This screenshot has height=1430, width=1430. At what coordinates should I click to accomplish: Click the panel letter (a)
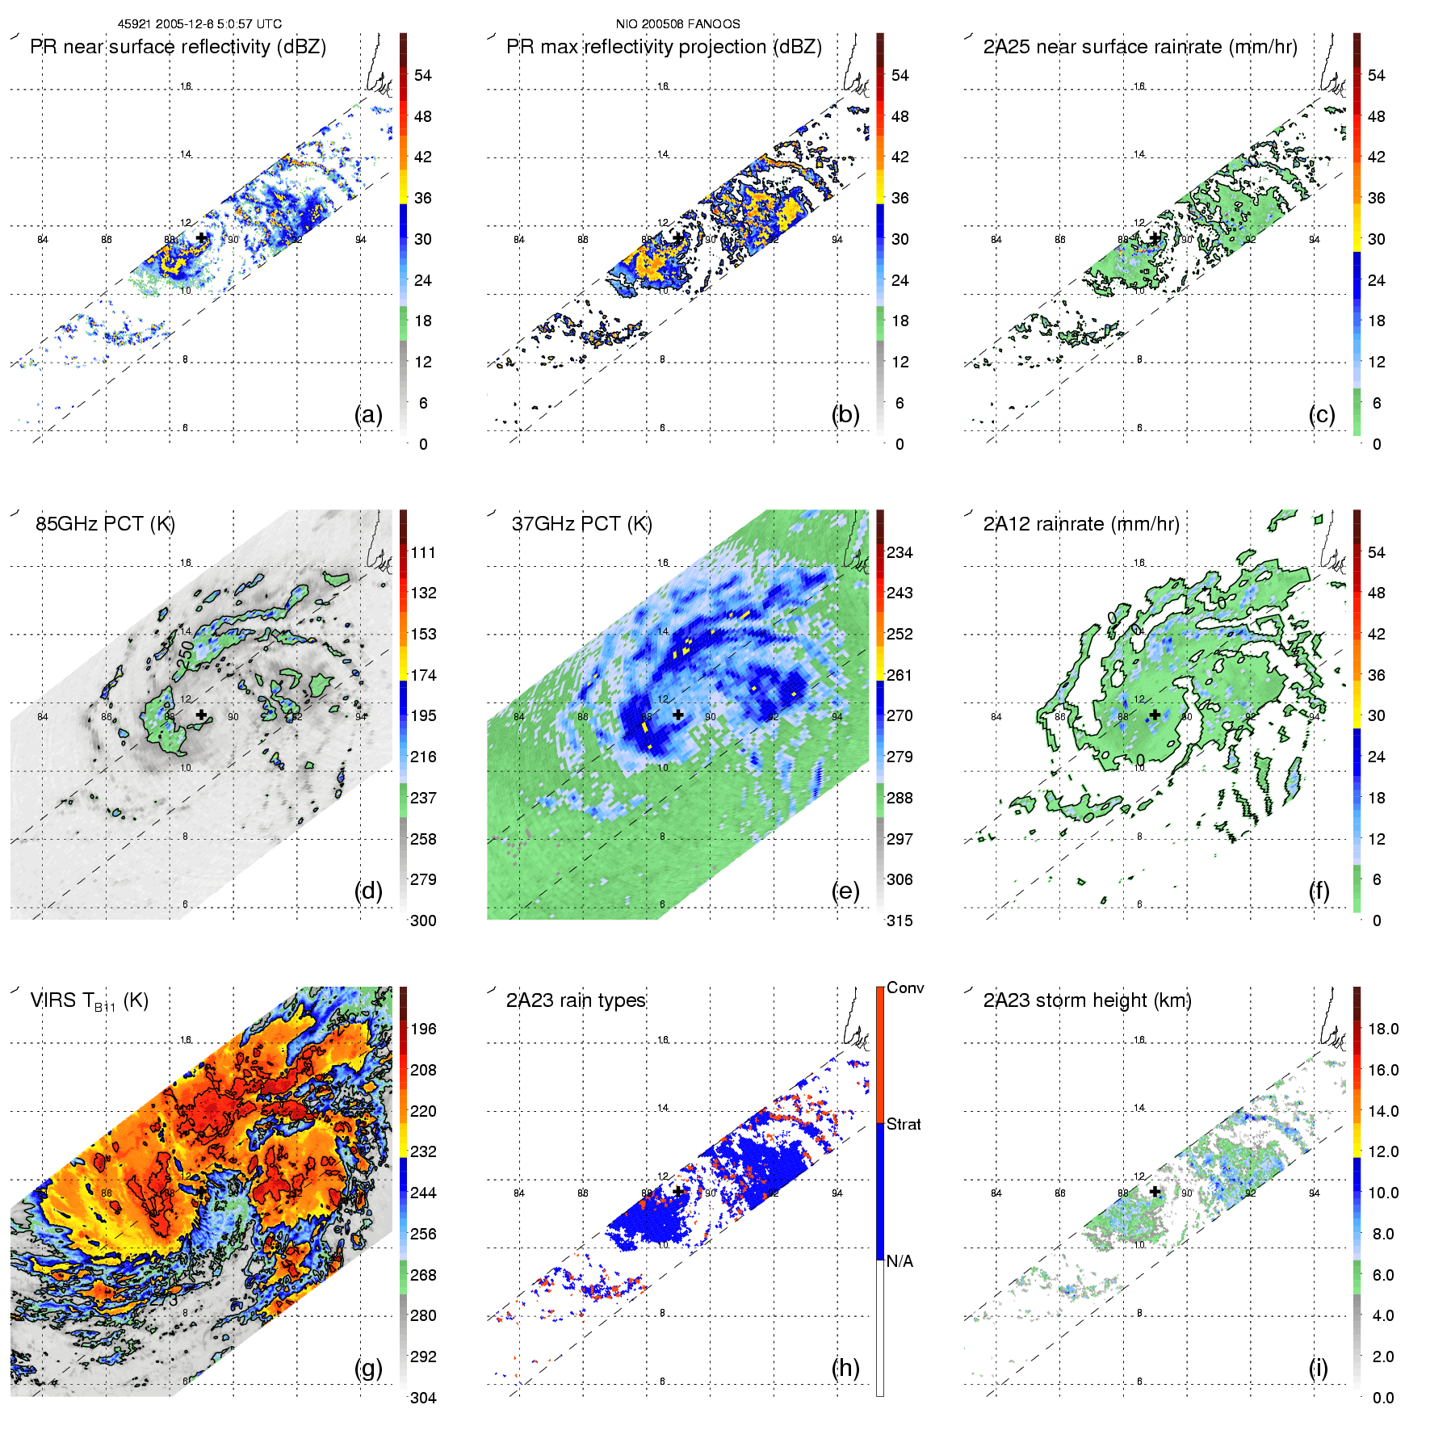368,415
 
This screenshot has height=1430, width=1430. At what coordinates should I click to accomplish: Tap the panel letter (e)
845,891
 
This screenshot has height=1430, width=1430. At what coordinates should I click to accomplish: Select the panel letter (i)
1318,1368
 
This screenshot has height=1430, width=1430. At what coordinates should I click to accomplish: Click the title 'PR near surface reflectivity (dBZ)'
178,47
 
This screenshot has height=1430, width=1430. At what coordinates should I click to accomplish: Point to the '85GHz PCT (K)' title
105,524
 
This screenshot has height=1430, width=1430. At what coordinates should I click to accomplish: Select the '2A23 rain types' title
576,1000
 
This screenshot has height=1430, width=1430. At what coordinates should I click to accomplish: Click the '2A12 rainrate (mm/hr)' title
1081,524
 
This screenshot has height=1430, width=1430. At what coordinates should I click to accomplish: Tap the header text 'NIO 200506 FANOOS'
677,24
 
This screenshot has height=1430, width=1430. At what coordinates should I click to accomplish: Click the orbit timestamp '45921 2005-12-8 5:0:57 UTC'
199,24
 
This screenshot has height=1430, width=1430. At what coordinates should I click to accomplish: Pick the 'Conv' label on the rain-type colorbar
905,988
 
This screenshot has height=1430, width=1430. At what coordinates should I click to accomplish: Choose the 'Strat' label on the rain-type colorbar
904,1125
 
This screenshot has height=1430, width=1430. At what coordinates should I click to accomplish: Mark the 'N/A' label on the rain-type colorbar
900,1261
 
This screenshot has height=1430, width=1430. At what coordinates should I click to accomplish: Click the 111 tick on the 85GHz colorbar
423,553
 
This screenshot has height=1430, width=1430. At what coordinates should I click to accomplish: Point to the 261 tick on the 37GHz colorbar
900,675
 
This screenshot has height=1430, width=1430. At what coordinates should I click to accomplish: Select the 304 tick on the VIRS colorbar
423,1398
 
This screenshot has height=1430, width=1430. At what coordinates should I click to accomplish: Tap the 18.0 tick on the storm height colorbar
1383,1030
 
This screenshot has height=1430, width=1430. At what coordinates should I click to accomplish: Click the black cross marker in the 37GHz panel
678,715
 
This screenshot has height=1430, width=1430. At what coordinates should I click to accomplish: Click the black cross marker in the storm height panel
1155,1191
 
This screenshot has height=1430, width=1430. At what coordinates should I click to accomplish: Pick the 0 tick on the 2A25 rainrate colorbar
1377,444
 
